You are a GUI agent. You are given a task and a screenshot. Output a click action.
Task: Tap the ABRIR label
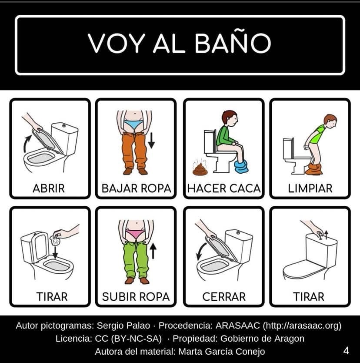click(49, 188)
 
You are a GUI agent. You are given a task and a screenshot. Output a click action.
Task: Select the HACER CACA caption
click(224, 188)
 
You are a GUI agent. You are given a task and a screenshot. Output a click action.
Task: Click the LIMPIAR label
click(310, 188)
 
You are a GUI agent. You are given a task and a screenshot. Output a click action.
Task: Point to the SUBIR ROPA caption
click(136, 297)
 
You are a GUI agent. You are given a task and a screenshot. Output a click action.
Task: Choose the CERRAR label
click(224, 297)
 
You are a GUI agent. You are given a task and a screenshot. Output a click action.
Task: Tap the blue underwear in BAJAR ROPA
click(133, 124)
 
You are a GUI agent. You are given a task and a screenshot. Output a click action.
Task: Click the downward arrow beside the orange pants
click(151, 140)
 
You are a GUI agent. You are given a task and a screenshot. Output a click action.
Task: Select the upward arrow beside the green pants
click(153, 251)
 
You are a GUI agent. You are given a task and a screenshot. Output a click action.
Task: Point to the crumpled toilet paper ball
click(55, 241)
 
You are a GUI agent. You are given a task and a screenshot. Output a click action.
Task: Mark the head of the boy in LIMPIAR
click(330, 121)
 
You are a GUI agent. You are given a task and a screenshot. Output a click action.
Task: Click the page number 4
click(346, 351)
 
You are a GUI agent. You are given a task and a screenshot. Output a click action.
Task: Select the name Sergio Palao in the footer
click(123, 326)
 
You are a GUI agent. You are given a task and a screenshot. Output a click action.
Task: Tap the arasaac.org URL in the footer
click(302, 326)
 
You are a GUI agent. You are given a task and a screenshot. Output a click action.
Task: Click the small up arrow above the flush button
click(326, 235)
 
